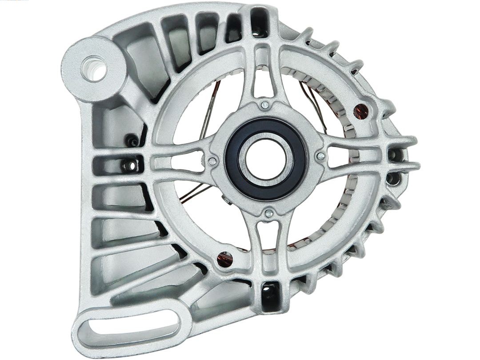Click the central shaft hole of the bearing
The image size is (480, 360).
(x=266, y=159)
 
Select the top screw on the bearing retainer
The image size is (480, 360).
(x=265, y=105)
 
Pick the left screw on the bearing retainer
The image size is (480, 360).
(x=213, y=161)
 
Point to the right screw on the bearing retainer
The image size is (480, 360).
(x=320, y=156)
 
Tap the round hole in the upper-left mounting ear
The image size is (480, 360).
(x=94, y=68)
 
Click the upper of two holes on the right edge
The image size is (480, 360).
(x=392, y=155)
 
